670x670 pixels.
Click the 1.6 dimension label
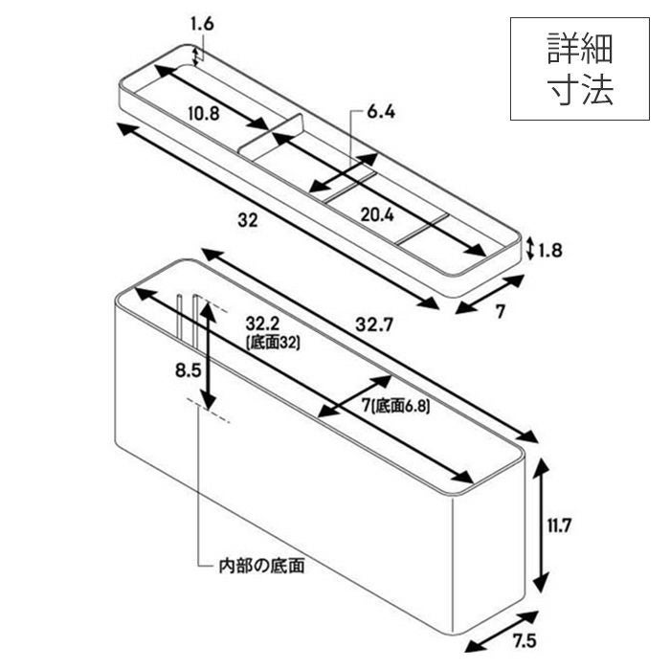(x=202, y=24)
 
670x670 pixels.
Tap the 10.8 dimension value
(x=204, y=113)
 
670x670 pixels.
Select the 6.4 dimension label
(x=381, y=112)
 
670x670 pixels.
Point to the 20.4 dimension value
(x=377, y=214)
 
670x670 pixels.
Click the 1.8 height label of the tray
(x=550, y=251)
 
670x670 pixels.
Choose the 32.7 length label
(x=374, y=325)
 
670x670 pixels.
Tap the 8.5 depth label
(x=188, y=370)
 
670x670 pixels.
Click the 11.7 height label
(x=559, y=525)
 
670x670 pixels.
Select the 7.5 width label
(x=525, y=641)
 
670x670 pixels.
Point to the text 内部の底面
(x=261, y=566)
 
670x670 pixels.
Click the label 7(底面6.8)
(x=395, y=406)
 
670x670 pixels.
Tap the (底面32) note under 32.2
(x=273, y=343)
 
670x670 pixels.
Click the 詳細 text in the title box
(x=580, y=49)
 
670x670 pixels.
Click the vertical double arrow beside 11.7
(x=542, y=525)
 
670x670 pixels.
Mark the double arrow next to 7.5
(x=501, y=632)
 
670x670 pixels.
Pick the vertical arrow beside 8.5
(x=208, y=355)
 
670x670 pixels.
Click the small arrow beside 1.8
(x=530, y=249)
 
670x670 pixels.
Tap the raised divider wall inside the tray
(x=271, y=134)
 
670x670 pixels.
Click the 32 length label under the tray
(x=248, y=220)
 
